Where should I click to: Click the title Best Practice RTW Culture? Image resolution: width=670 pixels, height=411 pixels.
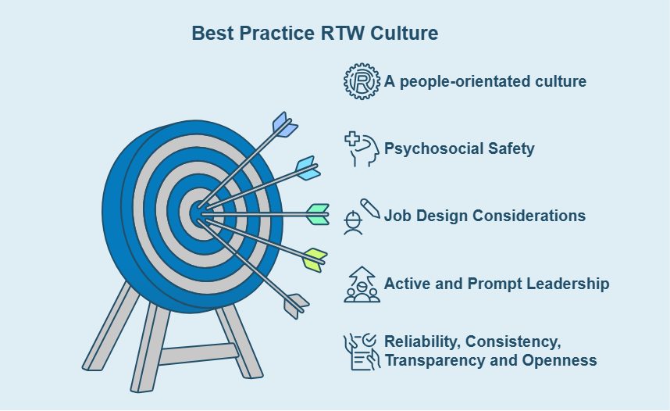(x=315, y=34)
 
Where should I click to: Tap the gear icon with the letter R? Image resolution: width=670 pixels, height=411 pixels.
(x=362, y=81)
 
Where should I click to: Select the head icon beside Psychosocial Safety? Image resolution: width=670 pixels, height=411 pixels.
(x=362, y=148)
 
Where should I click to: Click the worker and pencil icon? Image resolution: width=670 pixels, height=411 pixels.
(x=362, y=216)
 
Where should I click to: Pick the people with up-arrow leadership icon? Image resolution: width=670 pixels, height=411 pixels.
(x=362, y=284)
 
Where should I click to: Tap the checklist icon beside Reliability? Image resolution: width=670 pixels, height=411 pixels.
(x=362, y=352)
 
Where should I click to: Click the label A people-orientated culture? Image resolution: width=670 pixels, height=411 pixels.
(x=485, y=81)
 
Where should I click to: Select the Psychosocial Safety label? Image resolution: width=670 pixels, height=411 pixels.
(x=459, y=148)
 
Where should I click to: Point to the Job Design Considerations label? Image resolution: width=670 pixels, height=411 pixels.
(x=485, y=216)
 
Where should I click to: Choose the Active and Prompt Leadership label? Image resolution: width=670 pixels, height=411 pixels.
(x=497, y=284)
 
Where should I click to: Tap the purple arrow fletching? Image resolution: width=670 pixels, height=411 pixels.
(x=284, y=125)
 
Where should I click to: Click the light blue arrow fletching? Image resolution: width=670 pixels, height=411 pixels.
(x=308, y=168)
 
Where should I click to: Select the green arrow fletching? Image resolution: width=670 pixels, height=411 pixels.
(x=318, y=214)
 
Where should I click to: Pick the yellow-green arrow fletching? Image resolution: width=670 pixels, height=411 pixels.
(x=315, y=259)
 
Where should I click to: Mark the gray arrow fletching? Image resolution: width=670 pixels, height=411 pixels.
(x=296, y=306)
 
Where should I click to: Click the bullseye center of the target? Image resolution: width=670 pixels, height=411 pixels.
(x=197, y=213)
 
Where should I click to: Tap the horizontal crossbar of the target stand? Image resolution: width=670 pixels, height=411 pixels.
(x=198, y=354)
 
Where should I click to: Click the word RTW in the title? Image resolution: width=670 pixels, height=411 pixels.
(x=342, y=34)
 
